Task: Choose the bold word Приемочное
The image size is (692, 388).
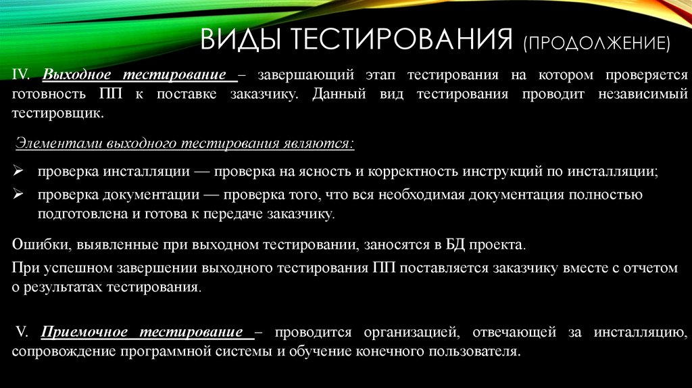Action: [x=85, y=332]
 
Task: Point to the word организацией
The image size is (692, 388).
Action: [x=403, y=332]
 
